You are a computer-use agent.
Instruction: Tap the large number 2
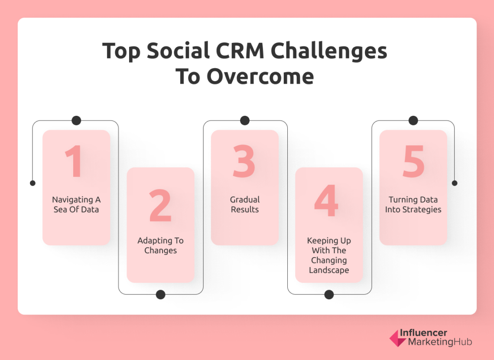coord(160,206)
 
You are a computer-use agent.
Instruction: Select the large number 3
coord(244,161)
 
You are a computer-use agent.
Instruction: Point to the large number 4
coord(326,201)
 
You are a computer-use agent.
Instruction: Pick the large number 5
coord(413,161)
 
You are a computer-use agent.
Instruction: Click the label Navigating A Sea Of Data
coord(76,205)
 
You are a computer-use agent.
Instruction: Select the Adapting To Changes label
coord(160,245)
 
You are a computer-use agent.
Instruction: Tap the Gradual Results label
coord(245,205)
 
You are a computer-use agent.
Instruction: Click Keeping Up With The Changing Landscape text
coord(329,255)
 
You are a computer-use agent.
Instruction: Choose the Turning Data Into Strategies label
coord(413,205)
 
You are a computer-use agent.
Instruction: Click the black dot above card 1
coord(76,121)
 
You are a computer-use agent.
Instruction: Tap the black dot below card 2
coord(160,295)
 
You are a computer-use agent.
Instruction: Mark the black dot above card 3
coord(245,121)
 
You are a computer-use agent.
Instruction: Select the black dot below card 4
coord(329,295)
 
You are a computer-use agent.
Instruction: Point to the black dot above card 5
coord(413,121)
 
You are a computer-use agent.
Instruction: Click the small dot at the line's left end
coord(32,183)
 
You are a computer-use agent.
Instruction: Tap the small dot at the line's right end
coord(455,183)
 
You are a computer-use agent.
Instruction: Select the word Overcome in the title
coord(260,77)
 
